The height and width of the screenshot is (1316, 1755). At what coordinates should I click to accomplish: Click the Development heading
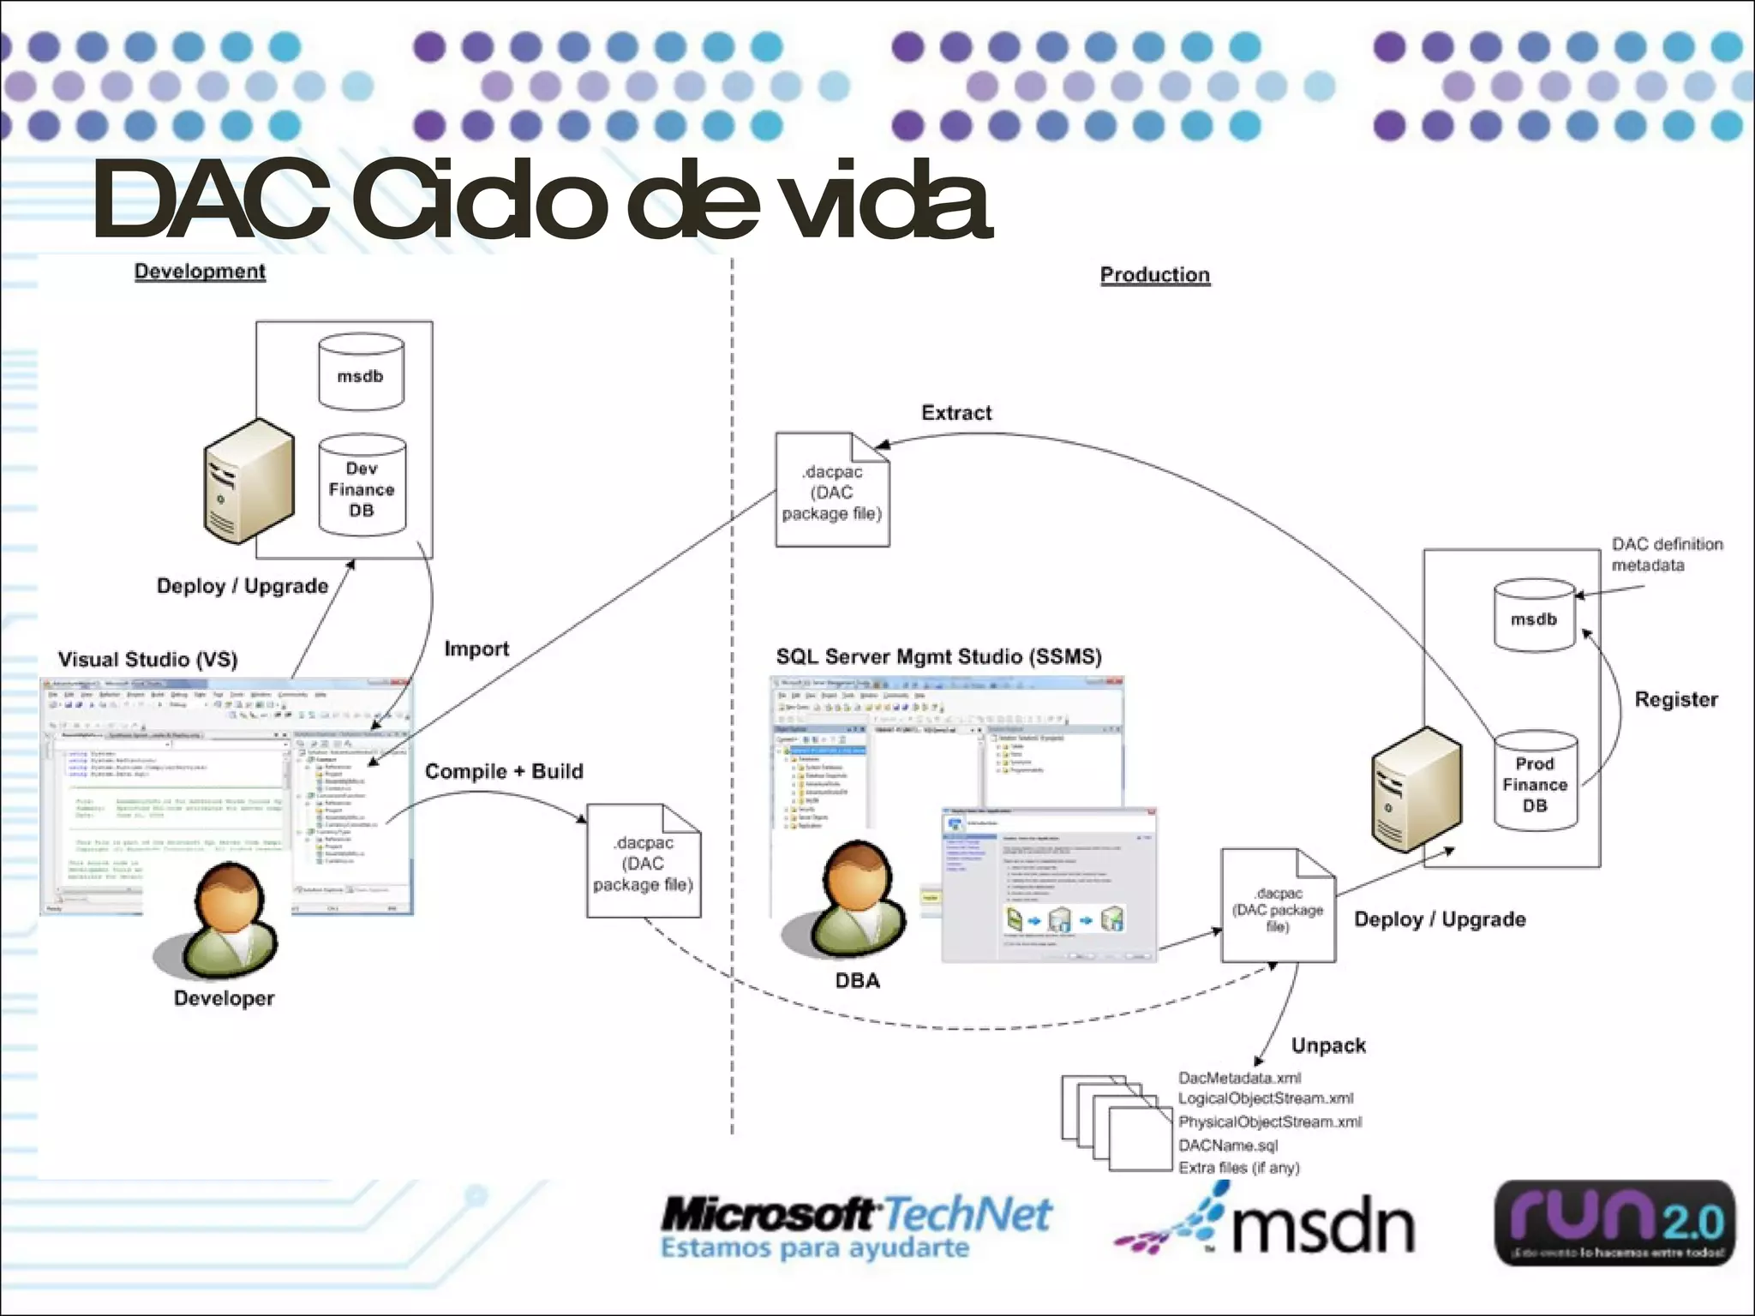click(200, 272)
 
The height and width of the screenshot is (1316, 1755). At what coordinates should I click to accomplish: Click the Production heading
click(1154, 275)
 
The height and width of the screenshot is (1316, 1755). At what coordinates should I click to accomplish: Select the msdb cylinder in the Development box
click(361, 374)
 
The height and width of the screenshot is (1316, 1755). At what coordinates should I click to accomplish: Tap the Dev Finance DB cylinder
click(362, 487)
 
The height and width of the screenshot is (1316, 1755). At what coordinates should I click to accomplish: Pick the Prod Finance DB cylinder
click(1535, 781)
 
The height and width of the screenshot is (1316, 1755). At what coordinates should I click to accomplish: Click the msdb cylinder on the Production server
click(1534, 617)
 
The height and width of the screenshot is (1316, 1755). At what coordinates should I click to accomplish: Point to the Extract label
click(956, 413)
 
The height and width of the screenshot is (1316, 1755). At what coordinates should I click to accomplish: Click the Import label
click(476, 649)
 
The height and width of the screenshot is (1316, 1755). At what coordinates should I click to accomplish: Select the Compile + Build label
click(504, 771)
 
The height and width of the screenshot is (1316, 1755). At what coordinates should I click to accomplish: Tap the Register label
click(1675, 700)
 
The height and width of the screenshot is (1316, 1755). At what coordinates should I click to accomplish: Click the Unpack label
click(1328, 1045)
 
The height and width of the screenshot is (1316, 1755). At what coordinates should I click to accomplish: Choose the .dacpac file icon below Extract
click(832, 491)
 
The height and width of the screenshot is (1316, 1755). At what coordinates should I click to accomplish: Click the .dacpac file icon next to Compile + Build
click(644, 862)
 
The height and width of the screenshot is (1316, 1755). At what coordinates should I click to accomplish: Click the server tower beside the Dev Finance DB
click(249, 481)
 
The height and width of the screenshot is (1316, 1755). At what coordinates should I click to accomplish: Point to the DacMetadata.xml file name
click(1239, 1078)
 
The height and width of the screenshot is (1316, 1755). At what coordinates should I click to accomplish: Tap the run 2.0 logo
click(1614, 1223)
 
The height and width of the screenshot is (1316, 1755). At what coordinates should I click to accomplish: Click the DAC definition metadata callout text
click(1666, 554)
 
